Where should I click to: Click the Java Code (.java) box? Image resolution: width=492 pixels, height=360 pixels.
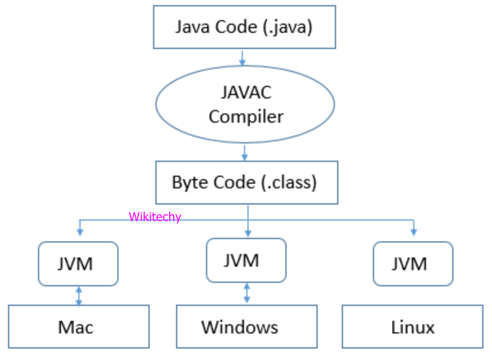(x=244, y=27)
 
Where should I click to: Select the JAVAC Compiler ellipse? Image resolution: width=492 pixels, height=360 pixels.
(x=245, y=104)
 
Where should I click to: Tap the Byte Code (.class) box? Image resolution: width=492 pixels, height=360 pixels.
(x=246, y=183)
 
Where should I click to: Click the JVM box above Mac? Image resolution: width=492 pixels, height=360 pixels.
(x=78, y=264)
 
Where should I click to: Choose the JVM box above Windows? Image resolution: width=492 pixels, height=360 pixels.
(x=246, y=260)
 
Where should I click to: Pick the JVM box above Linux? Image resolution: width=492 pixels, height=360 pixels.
(x=413, y=264)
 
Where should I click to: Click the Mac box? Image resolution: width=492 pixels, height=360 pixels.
(x=78, y=327)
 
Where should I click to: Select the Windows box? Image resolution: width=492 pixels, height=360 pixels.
(x=246, y=327)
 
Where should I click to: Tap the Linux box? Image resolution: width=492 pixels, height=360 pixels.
(x=413, y=327)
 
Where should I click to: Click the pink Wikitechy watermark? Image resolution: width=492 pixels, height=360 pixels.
(x=155, y=217)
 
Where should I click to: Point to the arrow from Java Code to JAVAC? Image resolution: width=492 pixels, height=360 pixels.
(x=242, y=57)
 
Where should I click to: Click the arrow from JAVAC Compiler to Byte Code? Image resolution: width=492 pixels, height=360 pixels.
(x=245, y=153)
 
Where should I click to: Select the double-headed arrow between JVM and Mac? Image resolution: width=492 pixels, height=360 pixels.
(x=79, y=295)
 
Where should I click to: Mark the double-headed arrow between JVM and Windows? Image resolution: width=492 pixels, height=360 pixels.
(x=247, y=293)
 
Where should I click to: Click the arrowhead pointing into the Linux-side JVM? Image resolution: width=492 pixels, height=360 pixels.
(x=414, y=232)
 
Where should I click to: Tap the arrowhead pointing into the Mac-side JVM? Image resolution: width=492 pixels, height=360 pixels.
(x=79, y=232)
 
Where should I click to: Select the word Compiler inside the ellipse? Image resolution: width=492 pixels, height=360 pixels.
(x=246, y=116)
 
